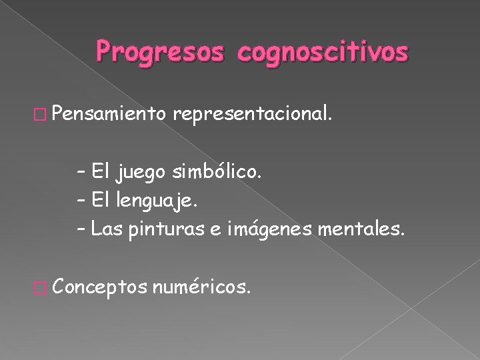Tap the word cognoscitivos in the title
click(x=318, y=51)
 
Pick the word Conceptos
click(x=99, y=288)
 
